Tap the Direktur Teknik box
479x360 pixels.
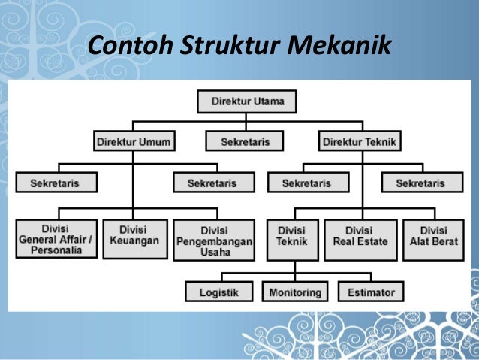360,141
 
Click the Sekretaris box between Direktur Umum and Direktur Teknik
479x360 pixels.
246,141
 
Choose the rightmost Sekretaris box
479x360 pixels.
420,183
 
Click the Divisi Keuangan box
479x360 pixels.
134,236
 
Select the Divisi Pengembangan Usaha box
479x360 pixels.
214,240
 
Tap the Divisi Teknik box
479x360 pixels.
291,236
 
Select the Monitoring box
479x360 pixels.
296,292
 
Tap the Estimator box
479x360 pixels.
371,292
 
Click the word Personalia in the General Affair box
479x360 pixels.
56,251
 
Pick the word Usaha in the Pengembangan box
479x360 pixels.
214,251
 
